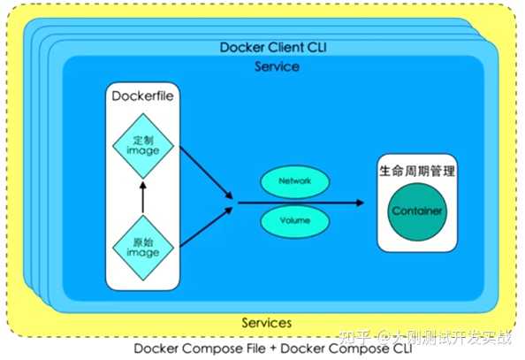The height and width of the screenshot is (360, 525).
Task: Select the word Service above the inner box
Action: point(275,66)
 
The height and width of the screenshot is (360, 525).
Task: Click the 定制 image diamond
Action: point(142,145)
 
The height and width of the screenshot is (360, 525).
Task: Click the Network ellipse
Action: point(293,181)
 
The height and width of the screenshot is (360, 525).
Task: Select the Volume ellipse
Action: point(293,218)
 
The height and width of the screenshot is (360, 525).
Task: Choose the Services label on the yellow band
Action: point(266,323)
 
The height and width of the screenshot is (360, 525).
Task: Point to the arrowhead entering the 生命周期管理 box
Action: point(357,203)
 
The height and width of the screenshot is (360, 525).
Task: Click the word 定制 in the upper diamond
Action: point(142,139)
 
